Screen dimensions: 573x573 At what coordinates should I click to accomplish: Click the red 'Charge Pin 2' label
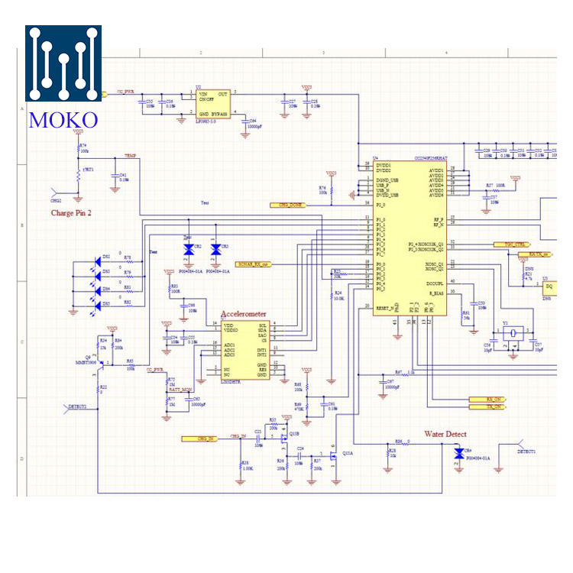pyautogui.click(x=71, y=213)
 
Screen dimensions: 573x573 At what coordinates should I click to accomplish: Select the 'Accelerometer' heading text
pyautogui.click(x=244, y=314)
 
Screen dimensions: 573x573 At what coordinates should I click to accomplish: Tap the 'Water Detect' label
pyautogui.click(x=445, y=434)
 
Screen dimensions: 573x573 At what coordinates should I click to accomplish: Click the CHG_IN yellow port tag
pyautogui.click(x=199, y=439)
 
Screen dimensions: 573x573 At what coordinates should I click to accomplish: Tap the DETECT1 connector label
pyautogui.click(x=526, y=452)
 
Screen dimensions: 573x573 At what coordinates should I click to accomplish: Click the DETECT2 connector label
pyautogui.click(x=83, y=407)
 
